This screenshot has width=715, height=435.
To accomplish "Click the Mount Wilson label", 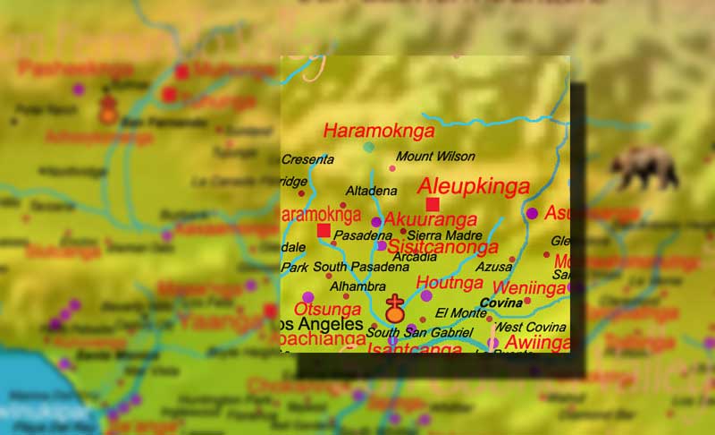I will [435, 157].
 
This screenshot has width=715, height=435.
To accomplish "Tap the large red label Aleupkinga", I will [474, 186].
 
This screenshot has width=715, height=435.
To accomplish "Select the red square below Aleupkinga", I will [433, 205].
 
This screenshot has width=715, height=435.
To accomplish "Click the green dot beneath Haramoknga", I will [368, 147].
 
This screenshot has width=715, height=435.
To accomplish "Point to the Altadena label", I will [371, 191].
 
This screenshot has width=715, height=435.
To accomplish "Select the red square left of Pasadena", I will [324, 231].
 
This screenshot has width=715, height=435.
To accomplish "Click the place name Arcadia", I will [415, 257].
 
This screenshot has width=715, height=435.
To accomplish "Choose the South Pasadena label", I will [349, 267].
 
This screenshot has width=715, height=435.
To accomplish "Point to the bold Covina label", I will [500, 303].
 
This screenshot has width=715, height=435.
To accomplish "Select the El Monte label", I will [454, 312].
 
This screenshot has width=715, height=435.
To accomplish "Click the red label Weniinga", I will [529, 287].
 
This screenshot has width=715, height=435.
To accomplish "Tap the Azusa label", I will [494, 267].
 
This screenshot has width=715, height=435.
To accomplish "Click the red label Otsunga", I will [327, 309].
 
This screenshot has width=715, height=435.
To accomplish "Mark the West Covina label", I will [530, 328].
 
